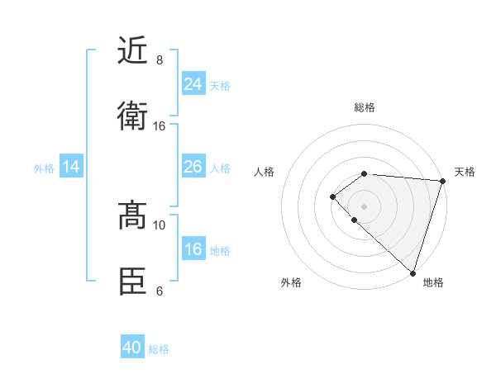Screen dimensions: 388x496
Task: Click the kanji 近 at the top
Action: (x=132, y=50)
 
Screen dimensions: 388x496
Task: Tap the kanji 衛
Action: (x=132, y=116)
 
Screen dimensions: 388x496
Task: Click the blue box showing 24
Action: (x=193, y=84)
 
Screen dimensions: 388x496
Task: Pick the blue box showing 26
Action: (x=193, y=167)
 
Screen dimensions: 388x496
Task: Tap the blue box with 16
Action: (x=193, y=249)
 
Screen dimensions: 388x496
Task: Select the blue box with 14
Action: (x=71, y=167)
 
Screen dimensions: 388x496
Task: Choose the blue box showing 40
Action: (x=132, y=348)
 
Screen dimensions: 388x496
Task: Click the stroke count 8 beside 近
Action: (x=160, y=60)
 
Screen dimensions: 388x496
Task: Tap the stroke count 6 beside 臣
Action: (x=160, y=291)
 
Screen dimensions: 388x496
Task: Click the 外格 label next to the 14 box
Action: (x=44, y=168)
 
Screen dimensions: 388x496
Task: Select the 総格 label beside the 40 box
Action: (x=159, y=349)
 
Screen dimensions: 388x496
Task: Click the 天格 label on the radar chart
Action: (x=465, y=172)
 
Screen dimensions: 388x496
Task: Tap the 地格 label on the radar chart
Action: (x=433, y=282)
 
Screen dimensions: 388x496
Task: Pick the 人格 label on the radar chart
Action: (x=265, y=172)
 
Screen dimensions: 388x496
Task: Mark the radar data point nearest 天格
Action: (x=442, y=181)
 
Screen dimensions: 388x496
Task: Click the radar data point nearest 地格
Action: (x=413, y=273)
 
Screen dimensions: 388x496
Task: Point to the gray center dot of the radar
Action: (x=364, y=206)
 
